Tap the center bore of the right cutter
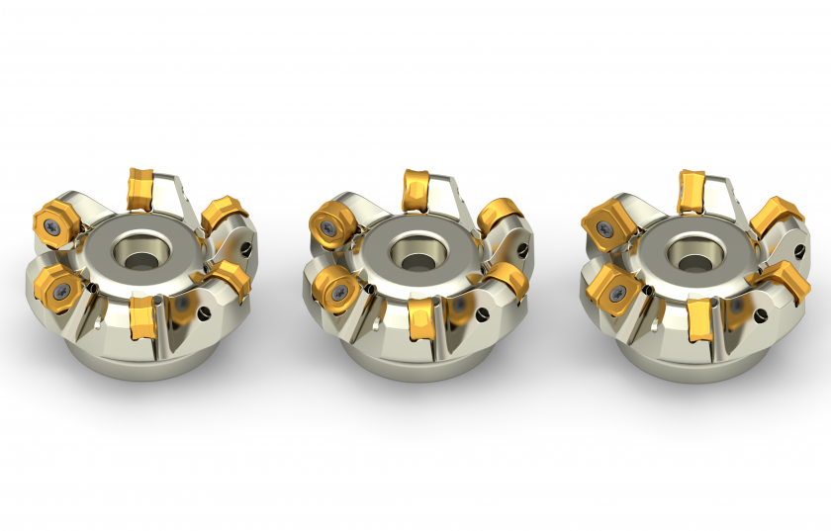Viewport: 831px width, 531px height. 684,249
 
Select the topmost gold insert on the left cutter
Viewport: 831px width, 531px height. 142,188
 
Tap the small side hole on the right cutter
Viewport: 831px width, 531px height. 761,315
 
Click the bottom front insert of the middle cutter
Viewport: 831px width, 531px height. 418,316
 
